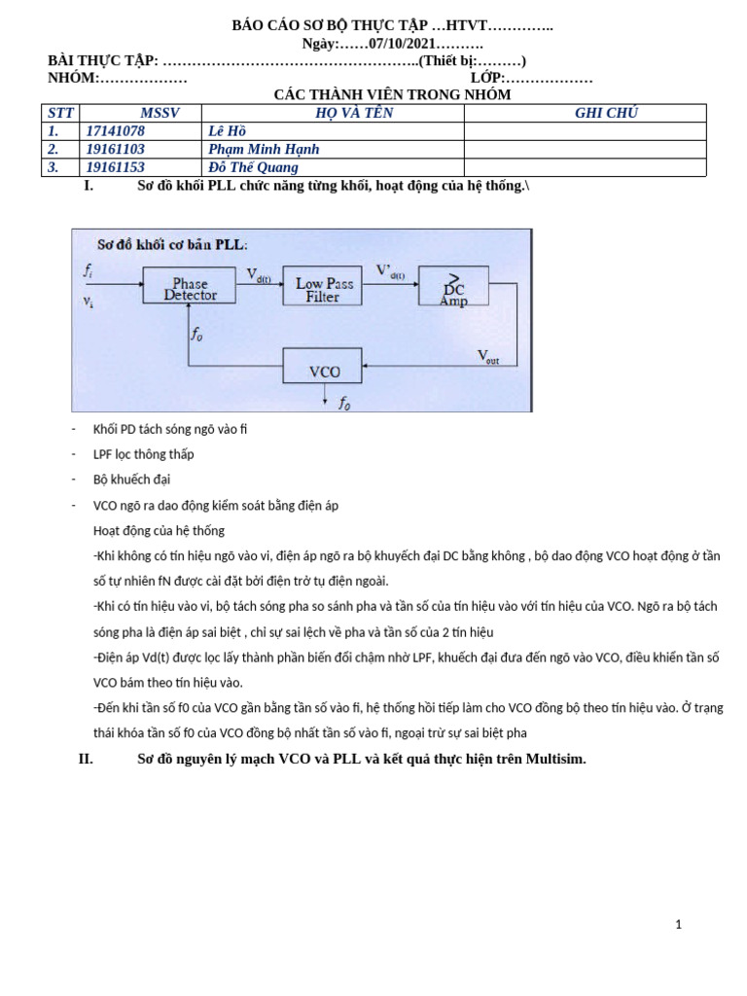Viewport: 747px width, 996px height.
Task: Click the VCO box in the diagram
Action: coord(322,367)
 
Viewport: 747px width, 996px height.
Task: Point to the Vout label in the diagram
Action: coord(488,357)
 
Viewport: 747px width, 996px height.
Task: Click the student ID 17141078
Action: coord(115,131)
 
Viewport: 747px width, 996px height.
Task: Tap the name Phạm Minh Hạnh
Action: coord(264,149)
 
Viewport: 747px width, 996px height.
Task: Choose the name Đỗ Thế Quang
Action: coord(253,167)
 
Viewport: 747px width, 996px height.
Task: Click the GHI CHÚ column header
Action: coord(606,113)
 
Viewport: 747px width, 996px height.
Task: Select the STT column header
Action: coord(60,113)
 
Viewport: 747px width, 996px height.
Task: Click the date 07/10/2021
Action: coord(402,44)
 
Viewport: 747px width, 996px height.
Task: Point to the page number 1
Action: coord(678,925)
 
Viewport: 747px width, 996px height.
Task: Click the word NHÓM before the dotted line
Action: coord(73,78)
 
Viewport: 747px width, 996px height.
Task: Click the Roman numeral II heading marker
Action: coord(86,759)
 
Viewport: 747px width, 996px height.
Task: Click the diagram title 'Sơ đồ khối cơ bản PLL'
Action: coord(172,244)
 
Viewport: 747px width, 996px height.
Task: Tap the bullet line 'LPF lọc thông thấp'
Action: coord(143,454)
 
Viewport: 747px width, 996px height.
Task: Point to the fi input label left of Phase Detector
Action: coord(89,269)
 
